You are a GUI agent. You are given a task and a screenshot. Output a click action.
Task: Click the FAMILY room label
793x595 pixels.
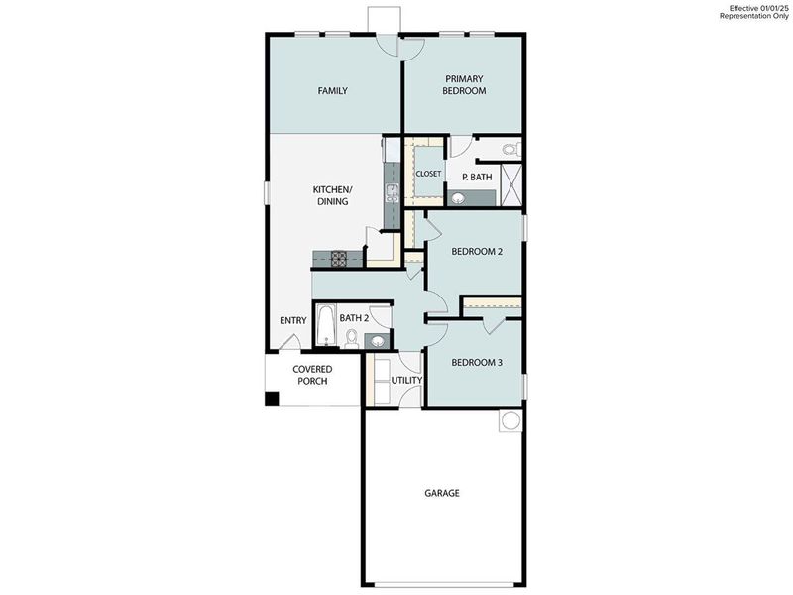[332, 91]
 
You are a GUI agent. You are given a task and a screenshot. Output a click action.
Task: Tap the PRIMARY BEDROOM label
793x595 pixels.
[465, 85]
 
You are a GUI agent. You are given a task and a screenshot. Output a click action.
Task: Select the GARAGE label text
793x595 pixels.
[442, 493]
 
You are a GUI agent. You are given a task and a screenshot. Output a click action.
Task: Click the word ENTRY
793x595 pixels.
[292, 320]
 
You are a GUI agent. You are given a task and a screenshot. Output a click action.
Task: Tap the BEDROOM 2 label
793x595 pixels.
[477, 252]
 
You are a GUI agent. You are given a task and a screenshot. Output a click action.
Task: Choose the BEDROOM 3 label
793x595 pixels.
[477, 363]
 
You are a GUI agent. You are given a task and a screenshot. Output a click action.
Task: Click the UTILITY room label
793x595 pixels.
[406, 380]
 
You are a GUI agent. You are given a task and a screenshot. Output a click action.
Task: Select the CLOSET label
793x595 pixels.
[428, 174]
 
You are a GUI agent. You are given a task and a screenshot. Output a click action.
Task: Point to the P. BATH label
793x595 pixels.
[477, 178]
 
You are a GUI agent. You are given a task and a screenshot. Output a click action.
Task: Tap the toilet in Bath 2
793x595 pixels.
[349, 338]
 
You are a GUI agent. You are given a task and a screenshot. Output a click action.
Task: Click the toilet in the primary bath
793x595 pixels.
[510, 151]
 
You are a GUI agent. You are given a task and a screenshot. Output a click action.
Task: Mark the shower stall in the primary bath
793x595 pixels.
[513, 184]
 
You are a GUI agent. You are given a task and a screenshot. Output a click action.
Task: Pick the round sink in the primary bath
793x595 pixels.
[458, 198]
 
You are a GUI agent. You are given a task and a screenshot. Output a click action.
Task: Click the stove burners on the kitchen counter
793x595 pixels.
[338, 259]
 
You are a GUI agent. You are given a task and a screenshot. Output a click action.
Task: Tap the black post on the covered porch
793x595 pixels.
[272, 399]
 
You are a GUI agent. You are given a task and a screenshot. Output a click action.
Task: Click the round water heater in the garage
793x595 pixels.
[510, 420]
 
